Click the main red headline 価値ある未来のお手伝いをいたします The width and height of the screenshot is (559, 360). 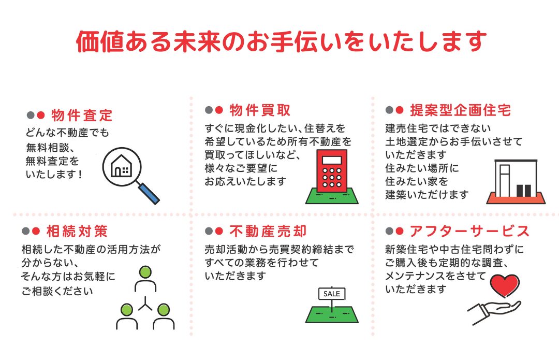pyautogui.click(x=281, y=41)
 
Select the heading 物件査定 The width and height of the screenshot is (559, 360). pyautogui.click(x=82, y=115)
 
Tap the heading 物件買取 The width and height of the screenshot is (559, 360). pyautogui.click(x=260, y=110)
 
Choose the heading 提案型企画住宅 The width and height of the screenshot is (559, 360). pyautogui.click(x=461, y=110)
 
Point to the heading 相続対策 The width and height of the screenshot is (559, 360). pyautogui.click(x=77, y=231)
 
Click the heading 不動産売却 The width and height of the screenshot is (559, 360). pyautogui.click(x=268, y=231)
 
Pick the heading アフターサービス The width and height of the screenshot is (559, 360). pyautogui.click(x=469, y=231)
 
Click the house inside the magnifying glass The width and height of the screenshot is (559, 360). pyautogui.click(x=122, y=166)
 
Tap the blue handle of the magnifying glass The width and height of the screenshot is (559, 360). pyautogui.click(x=149, y=193)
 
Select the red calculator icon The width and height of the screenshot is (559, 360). pyautogui.click(x=332, y=170)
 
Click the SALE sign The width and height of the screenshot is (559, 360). pyautogui.click(x=332, y=294)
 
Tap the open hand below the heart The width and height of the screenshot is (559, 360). pyautogui.click(x=494, y=311)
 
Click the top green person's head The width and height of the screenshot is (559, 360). pyautogui.click(x=145, y=272)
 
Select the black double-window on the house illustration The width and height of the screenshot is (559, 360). pyautogui.click(x=524, y=191)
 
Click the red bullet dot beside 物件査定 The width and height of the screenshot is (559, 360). pyautogui.click(x=41, y=115)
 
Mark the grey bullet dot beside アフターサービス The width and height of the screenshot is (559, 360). pyautogui.click(x=389, y=231)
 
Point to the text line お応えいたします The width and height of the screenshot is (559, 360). pyautogui.click(x=245, y=182)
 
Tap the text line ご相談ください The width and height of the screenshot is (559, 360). pyautogui.click(x=57, y=291)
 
